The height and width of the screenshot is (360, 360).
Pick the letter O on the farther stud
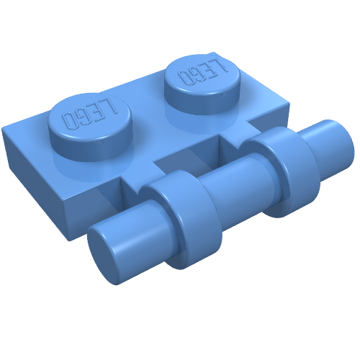click(x=184, y=77)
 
